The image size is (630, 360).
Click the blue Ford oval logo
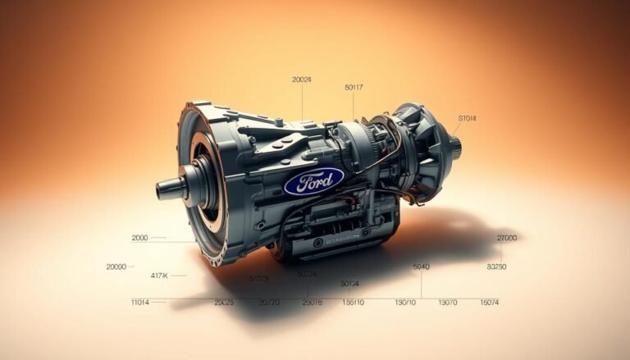(x=313, y=180)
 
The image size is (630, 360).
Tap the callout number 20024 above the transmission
(x=302, y=80)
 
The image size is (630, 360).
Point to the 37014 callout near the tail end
(x=467, y=118)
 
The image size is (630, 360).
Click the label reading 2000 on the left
(x=140, y=238)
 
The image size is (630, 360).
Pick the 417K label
(x=159, y=275)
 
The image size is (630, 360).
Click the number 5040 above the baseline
(x=422, y=267)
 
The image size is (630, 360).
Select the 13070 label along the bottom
(x=447, y=303)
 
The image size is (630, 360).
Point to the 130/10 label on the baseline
(x=406, y=303)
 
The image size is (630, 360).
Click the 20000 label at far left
(x=116, y=267)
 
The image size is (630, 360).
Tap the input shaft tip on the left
(x=162, y=190)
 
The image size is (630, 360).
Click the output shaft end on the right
(x=455, y=147)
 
